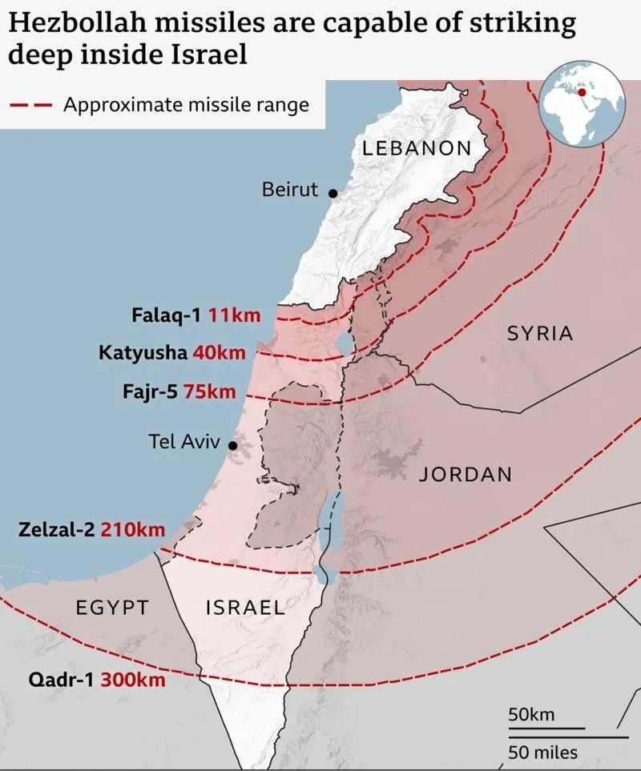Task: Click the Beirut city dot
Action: [333, 193]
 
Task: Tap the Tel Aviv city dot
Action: [232, 445]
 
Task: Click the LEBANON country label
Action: [417, 148]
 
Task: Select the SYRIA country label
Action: [540, 334]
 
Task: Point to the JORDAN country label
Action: [465, 475]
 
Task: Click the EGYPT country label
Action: [112, 608]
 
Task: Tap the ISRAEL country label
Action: [245, 608]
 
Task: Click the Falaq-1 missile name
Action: [166, 315]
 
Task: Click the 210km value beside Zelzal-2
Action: [133, 530]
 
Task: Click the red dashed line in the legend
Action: [30, 105]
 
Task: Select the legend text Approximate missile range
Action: [186, 105]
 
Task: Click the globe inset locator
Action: [582, 106]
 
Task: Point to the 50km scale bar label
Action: [531, 715]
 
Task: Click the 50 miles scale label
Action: [542, 753]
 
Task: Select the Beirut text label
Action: [289, 191]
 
